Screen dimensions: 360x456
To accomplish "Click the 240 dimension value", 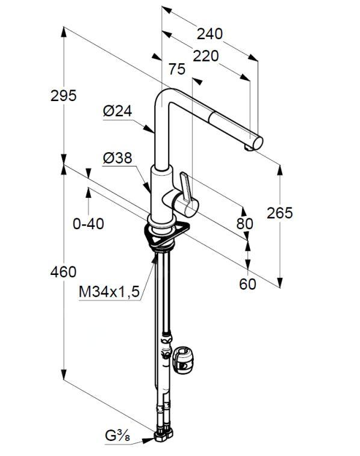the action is tap(209, 34).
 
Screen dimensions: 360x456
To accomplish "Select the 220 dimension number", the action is tap(206, 56).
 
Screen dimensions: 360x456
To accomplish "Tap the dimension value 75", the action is tap(177, 69).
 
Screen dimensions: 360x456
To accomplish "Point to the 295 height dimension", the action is tap(63, 96).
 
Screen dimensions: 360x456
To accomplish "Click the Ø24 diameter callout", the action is tap(117, 111).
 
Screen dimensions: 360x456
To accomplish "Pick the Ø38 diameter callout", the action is tap(117, 158).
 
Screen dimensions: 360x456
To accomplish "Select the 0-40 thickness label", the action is tap(88, 224).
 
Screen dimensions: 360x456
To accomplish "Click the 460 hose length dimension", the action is tap(63, 272).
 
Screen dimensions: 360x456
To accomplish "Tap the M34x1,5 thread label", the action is tap(109, 292).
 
